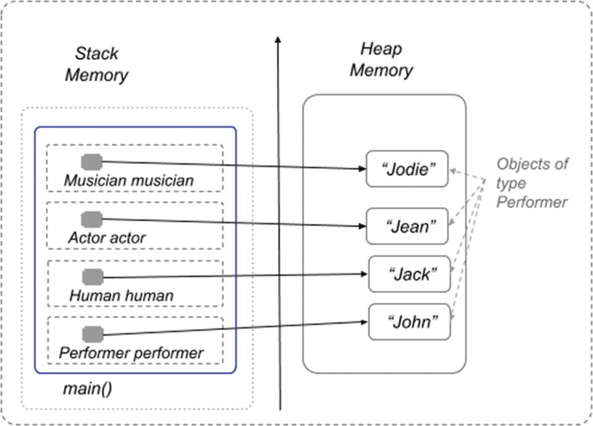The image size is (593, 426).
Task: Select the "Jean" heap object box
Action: tap(408, 228)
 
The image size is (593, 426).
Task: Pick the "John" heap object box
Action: tap(410, 322)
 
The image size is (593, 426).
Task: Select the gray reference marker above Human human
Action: tap(92, 277)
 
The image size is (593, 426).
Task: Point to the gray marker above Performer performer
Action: tap(92, 333)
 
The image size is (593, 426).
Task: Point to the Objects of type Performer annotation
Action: tap(532, 182)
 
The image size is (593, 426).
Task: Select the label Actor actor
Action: tap(106, 236)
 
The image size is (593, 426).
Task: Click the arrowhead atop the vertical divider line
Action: tap(279, 42)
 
